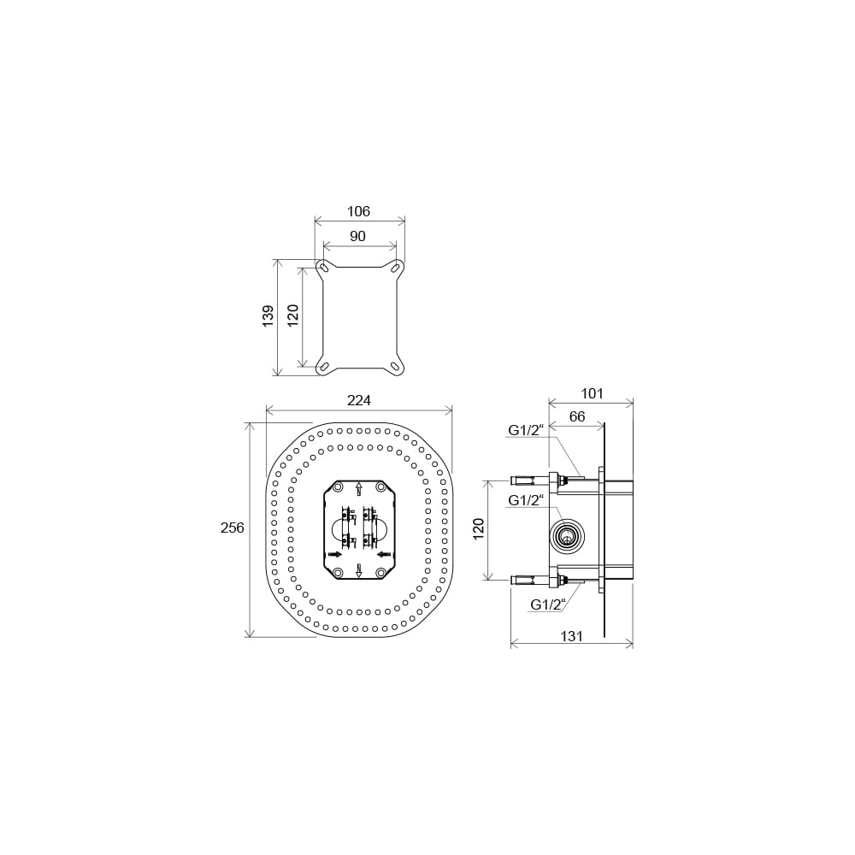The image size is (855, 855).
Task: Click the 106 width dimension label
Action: (359, 211)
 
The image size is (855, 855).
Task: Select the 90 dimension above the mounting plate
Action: (357, 236)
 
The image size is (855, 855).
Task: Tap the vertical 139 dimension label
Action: (268, 316)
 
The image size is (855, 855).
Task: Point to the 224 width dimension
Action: (359, 400)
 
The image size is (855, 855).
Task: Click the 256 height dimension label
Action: (233, 528)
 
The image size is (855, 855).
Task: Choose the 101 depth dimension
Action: (592, 393)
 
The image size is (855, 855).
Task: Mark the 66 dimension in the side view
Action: (577, 416)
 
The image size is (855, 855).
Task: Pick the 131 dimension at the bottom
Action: (571, 636)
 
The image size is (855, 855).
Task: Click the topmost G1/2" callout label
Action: (526, 430)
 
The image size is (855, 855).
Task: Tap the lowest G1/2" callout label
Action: (548, 604)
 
